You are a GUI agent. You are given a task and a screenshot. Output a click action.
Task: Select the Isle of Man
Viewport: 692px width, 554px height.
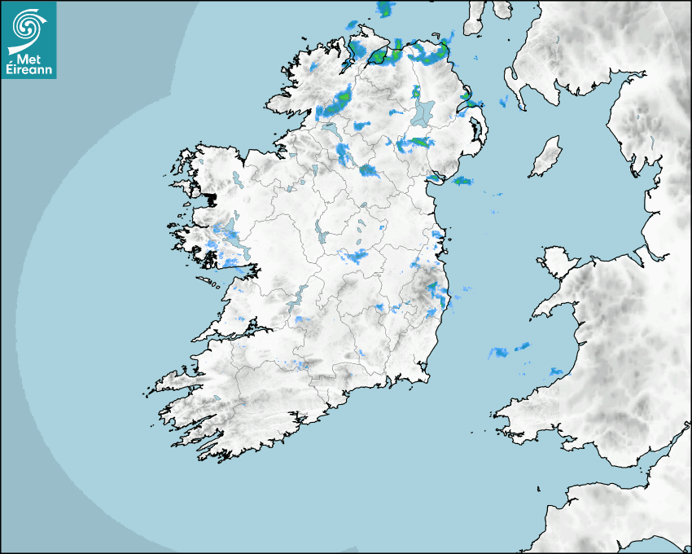tap(545, 157)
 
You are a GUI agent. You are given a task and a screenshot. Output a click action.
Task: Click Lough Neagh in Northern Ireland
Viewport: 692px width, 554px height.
tap(422, 112)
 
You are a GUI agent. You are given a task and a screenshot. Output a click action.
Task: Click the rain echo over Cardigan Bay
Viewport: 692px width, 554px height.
tap(498, 353)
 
